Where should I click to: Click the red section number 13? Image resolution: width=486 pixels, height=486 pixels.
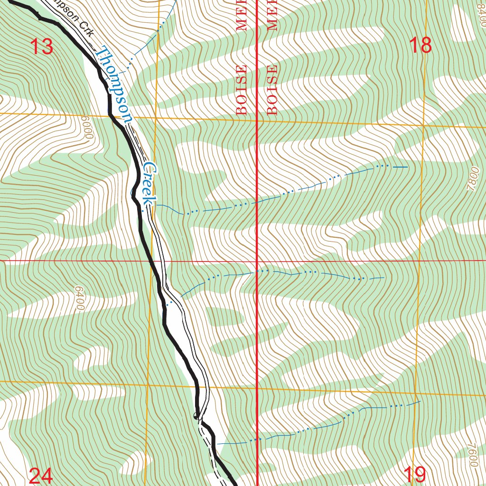(41, 47)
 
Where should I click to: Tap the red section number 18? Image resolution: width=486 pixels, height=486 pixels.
(420, 45)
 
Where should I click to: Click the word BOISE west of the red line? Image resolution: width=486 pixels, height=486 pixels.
(242, 90)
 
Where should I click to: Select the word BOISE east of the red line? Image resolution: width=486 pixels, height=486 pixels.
(272, 90)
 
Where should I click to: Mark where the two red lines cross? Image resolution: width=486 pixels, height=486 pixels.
(257, 261)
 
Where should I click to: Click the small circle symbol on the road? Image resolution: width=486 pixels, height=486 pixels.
(196, 416)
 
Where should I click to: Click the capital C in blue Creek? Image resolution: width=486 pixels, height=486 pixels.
(150, 168)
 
